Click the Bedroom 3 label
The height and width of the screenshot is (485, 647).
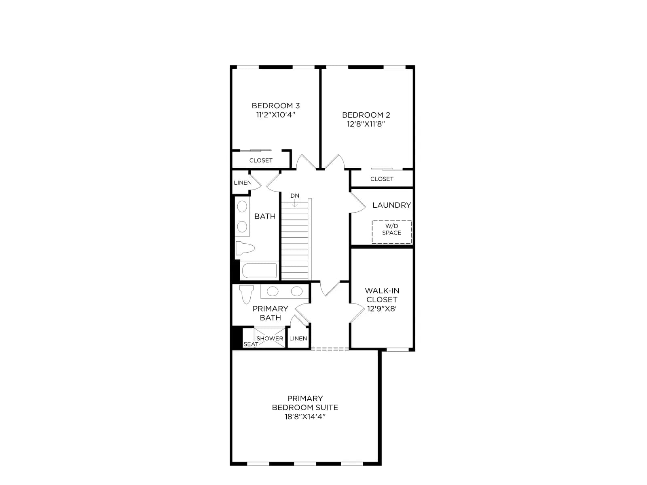pos(275,106)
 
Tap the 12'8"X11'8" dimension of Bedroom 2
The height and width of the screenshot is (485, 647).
pos(366,124)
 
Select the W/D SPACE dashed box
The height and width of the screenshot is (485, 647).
pos(391,232)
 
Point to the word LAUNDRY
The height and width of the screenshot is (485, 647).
pos(391,205)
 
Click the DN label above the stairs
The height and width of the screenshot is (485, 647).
pos(295,196)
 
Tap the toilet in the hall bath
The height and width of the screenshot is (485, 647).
pos(245,248)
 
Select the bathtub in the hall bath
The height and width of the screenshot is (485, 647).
pos(259,271)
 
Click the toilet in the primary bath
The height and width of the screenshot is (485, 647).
pos(246,294)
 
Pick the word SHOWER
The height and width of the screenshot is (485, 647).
pos(270,339)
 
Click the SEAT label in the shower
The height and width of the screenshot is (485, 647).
pos(251,344)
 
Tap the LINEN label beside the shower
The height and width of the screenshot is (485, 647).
pos(298,339)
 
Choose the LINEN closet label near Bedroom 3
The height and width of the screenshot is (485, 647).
pos(243,183)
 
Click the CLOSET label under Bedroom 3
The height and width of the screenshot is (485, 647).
pos(261,160)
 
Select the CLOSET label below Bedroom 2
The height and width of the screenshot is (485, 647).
pos(382,179)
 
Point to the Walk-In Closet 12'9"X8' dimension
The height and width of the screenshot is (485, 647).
pos(382,309)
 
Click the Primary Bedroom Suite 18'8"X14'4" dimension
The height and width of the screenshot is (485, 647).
pos(305,417)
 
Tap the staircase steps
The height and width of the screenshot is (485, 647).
pos(295,241)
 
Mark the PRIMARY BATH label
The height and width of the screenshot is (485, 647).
pos(270,313)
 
